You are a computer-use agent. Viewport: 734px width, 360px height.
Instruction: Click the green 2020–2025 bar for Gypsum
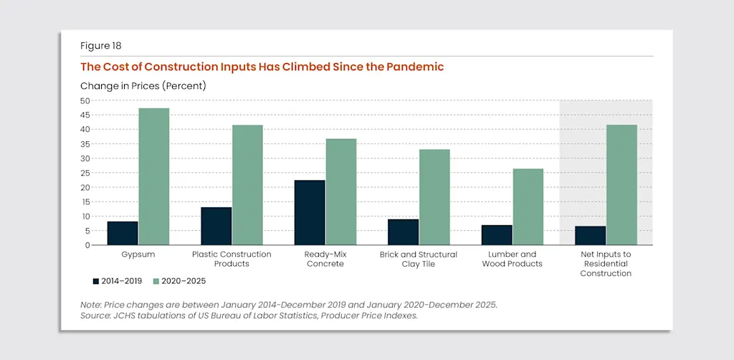point(153,176)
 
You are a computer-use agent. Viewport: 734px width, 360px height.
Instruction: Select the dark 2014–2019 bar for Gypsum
point(123,233)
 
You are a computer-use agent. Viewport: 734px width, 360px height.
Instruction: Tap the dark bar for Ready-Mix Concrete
point(310,212)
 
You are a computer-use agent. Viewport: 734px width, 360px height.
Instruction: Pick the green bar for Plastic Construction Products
point(247,185)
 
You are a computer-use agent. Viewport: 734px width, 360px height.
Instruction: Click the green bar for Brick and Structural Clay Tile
point(434,197)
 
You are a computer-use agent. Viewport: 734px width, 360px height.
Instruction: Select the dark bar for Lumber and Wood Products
point(497,235)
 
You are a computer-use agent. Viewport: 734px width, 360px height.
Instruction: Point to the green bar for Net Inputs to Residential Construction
point(621,185)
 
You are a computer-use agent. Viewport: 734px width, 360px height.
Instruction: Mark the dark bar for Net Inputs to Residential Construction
point(590,236)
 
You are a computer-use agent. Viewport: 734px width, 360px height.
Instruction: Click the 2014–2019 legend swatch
point(95,280)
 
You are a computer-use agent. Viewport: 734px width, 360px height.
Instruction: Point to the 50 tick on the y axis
point(85,100)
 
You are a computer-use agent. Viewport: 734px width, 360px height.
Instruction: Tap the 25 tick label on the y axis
point(85,173)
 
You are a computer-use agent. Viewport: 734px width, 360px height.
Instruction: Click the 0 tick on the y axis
point(87,245)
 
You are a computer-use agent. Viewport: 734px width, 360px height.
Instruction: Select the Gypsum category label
point(138,255)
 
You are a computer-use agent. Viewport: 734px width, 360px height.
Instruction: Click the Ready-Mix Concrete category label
point(325,259)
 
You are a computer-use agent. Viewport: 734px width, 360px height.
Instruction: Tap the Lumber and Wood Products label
point(513,259)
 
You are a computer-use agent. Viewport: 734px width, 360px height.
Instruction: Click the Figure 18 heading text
point(100,46)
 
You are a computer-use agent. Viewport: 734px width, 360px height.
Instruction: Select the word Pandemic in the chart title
point(415,67)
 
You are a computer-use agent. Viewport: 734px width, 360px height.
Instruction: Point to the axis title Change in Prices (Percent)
point(143,86)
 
